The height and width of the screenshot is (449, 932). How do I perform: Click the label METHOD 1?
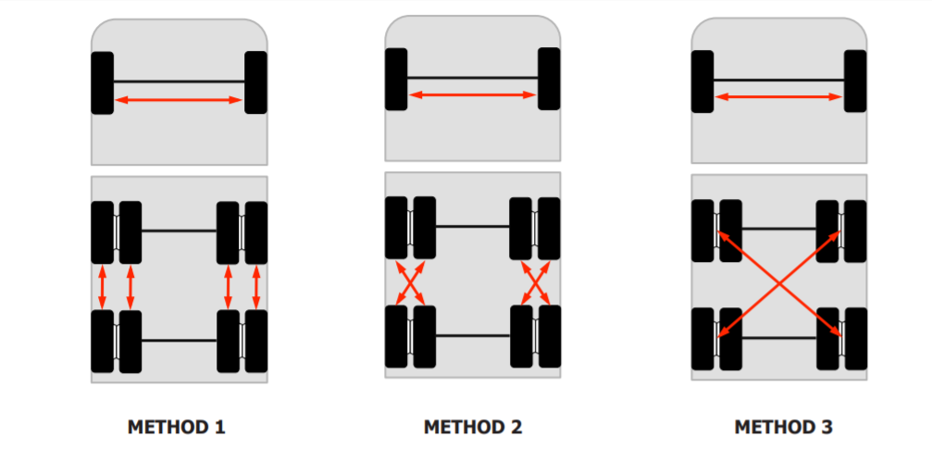[177, 427]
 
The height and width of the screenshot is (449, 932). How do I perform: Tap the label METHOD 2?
[473, 427]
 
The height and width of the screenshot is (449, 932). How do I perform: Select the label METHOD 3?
[783, 427]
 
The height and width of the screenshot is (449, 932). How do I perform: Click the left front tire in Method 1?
[102, 82]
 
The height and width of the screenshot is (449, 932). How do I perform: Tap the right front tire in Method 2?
[549, 79]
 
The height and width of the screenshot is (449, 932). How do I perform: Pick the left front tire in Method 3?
[702, 81]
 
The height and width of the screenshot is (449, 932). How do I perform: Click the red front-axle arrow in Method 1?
[179, 100]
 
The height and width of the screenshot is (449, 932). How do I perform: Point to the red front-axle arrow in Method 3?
[778, 96]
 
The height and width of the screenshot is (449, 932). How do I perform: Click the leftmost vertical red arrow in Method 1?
[102, 287]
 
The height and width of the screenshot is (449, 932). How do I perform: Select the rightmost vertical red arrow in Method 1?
[256, 287]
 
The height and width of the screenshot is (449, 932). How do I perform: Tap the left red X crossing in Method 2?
[410, 283]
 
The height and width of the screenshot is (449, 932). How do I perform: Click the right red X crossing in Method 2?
[536, 283]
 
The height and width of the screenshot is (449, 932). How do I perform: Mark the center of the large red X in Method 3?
[778, 283]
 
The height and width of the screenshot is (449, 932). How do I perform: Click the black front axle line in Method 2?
[473, 78]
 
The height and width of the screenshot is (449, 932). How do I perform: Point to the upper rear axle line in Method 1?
[179, 231]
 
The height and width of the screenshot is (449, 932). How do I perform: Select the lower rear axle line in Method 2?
[473, 336]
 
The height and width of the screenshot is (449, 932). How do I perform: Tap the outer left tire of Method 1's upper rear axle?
[102, 232]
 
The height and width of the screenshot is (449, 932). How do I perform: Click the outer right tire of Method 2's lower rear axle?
[549, 337]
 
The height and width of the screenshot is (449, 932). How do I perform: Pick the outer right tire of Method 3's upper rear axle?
[855, 231]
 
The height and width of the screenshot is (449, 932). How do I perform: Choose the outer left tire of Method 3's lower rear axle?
[702, 339]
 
